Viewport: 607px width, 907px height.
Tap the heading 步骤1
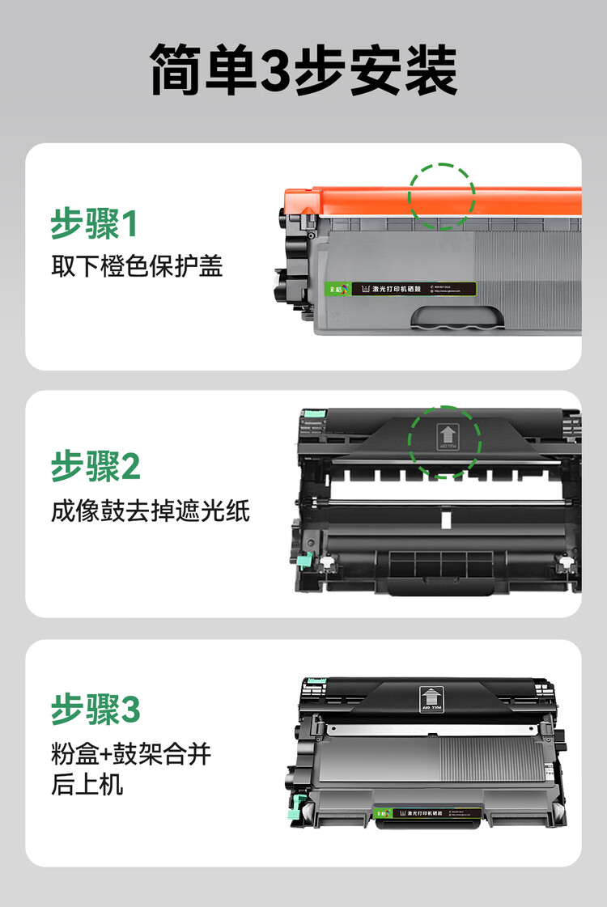click(x=94, y=224)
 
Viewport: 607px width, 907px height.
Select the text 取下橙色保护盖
click(x=137, y=266)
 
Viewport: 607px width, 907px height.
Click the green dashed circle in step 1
click(x=441, y=195)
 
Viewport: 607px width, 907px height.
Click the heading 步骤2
click(x=96, y=467)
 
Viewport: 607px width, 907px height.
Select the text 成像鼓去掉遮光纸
click(x=151, y=511)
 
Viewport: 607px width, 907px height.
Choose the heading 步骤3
click(x=96, y=710)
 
